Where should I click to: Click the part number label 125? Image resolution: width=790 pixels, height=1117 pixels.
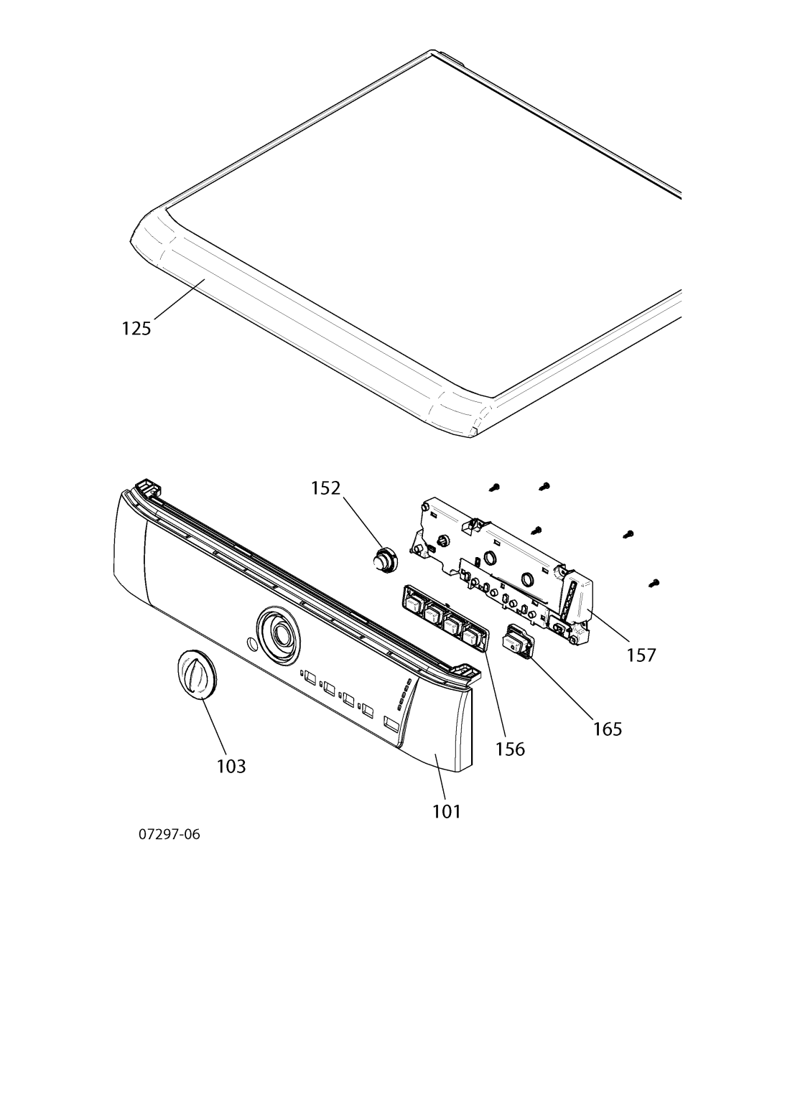click(136, 328)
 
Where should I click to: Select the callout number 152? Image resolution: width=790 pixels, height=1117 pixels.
click(325, 487)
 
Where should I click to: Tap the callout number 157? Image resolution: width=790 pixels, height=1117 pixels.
click(641, 655)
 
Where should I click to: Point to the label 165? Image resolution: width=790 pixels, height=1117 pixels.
click(608, 729)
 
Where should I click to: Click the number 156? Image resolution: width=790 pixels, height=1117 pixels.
click(510, 749)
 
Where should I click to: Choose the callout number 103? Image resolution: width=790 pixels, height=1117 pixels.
click(231, 766)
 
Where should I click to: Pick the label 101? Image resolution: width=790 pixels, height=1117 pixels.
click(447, 811)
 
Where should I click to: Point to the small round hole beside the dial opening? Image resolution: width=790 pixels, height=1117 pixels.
click(249, 644)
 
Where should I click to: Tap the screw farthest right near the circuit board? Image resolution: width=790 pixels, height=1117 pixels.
click(655, 582)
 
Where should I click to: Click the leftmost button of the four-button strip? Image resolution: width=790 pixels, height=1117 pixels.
click(414, 604)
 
